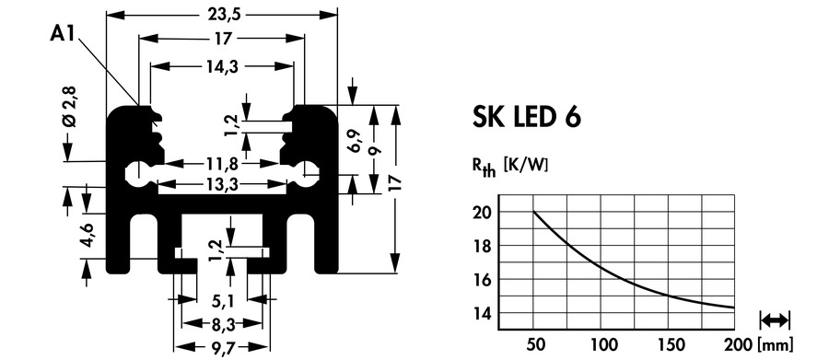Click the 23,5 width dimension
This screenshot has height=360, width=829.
point(223,15)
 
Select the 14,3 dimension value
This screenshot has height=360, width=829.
point(223,66)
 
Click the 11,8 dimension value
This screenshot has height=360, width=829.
point(223,165)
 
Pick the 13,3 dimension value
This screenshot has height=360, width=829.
point(223,184)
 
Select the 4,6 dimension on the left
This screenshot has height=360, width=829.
point(88,235)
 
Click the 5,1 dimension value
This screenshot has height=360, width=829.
point(222,301)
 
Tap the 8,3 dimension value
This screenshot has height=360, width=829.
point(223,323)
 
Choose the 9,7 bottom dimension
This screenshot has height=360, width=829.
point(223,348)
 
